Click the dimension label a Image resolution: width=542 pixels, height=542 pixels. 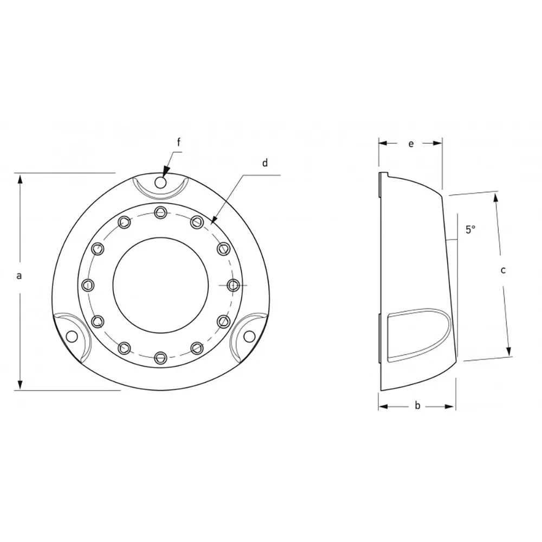(20, 276)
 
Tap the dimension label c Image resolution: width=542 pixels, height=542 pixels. (504, 270)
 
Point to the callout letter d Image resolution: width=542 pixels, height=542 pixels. (265, 163)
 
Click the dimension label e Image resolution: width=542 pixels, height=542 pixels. (411, 144)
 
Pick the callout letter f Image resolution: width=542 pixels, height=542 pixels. (179, 142)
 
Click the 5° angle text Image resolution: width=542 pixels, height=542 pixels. (470, 229)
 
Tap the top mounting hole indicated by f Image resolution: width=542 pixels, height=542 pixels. (160, 182)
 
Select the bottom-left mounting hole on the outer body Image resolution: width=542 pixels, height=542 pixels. (72, 336)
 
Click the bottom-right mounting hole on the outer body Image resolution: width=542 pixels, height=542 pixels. (249, 335)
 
